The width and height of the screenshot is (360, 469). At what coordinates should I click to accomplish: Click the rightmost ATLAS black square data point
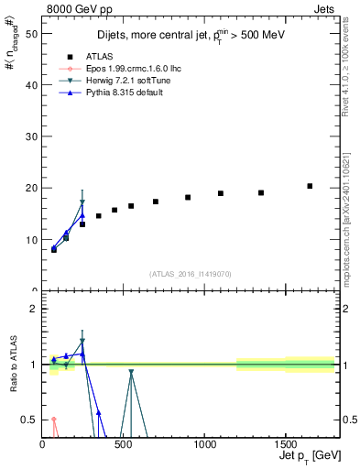click(x=310, y=186)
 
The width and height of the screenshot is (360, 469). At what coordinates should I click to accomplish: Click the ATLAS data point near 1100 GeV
click(x=221, y=193)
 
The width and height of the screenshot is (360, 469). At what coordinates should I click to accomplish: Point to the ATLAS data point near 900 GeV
click(x=188, y=197)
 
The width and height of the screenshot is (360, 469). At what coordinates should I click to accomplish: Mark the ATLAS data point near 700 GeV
click(x=156, y=202)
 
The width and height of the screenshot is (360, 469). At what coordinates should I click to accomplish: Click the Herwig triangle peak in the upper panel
click(x=82, y=202)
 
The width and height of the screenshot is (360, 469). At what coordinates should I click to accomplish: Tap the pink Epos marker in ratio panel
click(x=54, y=420)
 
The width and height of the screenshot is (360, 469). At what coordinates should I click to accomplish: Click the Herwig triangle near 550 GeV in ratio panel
click(x=131, y=372)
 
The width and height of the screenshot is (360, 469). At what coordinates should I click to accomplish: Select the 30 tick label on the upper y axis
click(x=33, y=136)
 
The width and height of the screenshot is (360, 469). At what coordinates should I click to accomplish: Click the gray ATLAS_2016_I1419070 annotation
click(x=191, y=273)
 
